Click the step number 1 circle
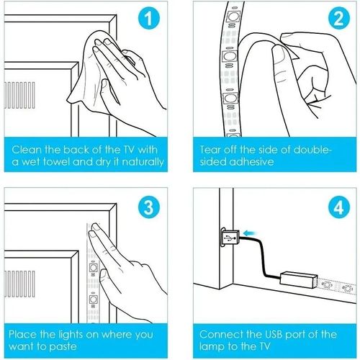click(149, 19)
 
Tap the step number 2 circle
click(339, 19)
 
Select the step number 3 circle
click(149, 207)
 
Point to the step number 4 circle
click(339, 207)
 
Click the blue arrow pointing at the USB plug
click(250, 233)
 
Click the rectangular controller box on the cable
click(300, 280)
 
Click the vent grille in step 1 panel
click(19, 95)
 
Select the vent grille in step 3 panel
click(19, 284)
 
